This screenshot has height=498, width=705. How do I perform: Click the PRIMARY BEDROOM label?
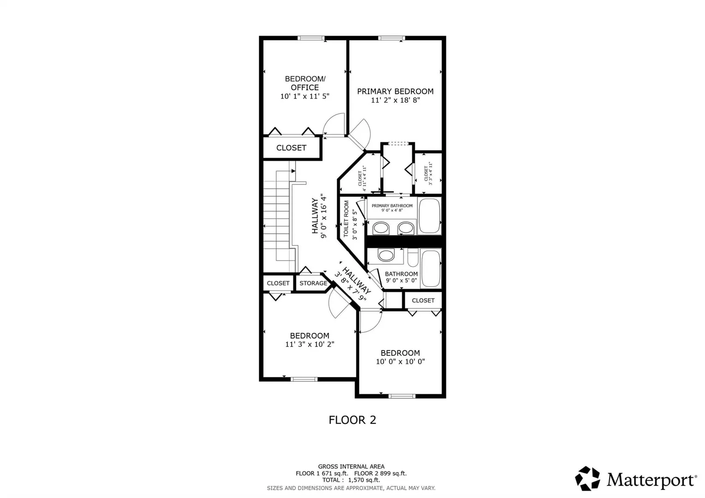click(x=395, y=91)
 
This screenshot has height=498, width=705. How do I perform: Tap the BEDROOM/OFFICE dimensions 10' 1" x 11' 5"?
click(x=305, y=96)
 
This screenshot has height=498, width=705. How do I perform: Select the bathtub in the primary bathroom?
click(x=430, y=216)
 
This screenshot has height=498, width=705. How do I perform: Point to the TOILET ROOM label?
click(x=346, y=219)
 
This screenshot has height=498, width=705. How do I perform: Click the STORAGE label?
click(x=313, y=283)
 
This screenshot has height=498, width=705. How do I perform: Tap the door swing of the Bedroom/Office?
click(x=334, y=125)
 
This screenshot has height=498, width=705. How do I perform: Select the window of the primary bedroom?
click(x=391, y=38)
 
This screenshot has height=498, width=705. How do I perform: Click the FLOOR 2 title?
click(x=352, y=420)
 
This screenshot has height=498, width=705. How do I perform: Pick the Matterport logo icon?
click(x=587, y=479)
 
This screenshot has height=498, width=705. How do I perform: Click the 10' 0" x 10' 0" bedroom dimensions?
click(x=400, y=362)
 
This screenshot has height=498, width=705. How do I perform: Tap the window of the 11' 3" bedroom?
click(x=304, y=379)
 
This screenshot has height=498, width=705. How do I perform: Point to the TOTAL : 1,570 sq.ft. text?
click(x=351, y=480)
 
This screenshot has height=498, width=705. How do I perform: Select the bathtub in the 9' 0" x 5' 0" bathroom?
click(x=431, y=268)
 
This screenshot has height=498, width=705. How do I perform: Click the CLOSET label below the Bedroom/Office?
click(x=291, y=148)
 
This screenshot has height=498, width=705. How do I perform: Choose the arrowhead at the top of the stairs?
click(x=293, y=171)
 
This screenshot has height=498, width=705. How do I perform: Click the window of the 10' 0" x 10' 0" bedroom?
click(x=402, y=396)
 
